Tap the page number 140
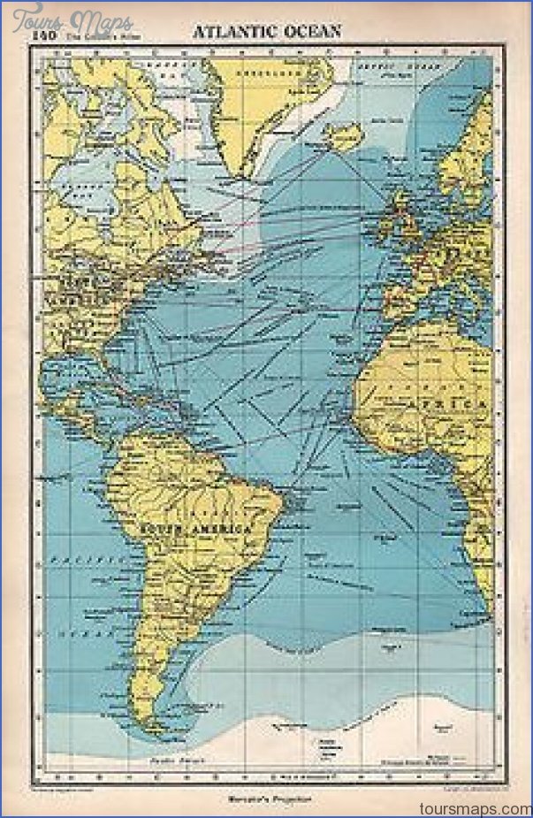pos(43,35)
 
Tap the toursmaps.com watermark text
pos(481,807)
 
